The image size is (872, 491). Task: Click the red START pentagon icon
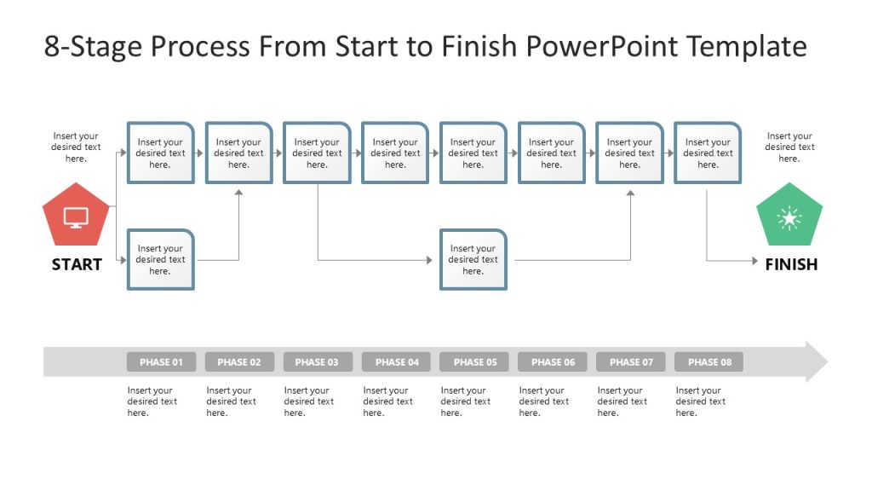pos(76,215)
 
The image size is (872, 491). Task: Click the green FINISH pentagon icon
pos(789,216)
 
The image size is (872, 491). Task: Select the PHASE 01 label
pos(161,362)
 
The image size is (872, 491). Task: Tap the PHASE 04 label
pos(396,362)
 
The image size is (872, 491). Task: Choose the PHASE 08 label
pos(708,362)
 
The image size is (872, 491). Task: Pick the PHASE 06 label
pos(553,362)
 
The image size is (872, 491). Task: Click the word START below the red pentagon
pos(76,264)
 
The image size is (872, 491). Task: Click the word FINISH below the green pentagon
pos(790,264)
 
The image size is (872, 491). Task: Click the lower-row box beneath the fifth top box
pos(473,260)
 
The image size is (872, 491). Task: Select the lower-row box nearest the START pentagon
pos(160,260)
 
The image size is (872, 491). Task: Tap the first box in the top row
pos(160,153)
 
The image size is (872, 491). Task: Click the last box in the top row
pos(708,153)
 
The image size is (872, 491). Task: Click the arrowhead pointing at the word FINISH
pos(754,261)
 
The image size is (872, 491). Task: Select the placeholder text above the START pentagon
pos(76,147)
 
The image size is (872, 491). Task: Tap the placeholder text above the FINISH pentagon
pos(789,147)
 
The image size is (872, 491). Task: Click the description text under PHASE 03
pos(307,401)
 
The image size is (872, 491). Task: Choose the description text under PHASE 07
pos(622,401)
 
